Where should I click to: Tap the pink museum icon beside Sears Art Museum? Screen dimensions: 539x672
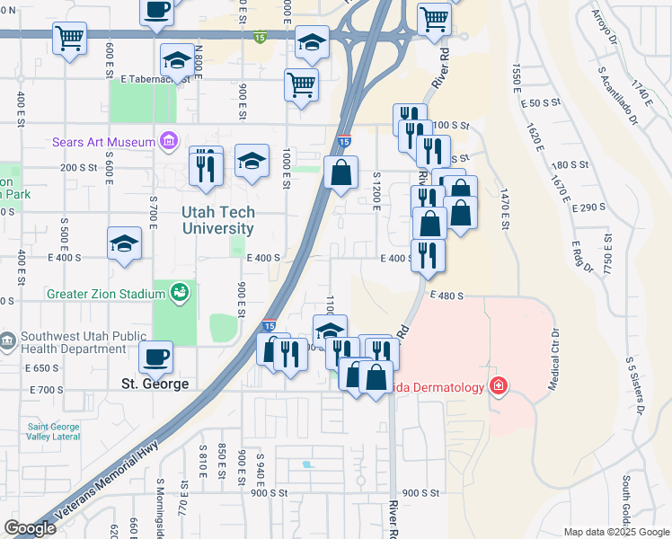166,141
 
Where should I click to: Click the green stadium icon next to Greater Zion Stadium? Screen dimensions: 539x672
179,292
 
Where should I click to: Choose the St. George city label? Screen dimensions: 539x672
155,384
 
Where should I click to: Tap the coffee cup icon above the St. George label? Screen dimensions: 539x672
156,357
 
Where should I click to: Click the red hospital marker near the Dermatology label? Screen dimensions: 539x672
498,387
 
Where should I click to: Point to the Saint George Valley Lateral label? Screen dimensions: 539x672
53,432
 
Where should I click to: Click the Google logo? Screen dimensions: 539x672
31,528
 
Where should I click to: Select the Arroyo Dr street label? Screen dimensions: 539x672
605,27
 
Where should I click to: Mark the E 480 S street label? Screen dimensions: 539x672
446,295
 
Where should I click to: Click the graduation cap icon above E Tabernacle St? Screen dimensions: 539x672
177,61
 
